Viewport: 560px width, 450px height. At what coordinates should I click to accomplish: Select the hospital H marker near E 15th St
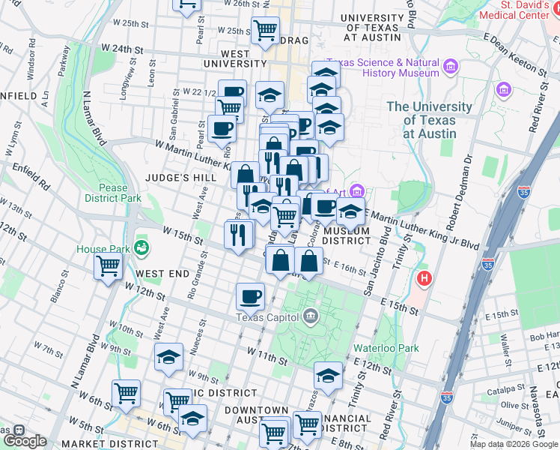click(x=424, y=279)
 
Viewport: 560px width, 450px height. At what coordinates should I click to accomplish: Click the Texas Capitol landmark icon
click(x=311, y=316)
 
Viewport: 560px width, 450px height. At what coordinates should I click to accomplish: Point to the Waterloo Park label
click(x=387, y=348)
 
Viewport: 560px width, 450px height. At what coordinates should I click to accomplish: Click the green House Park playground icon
click(x=140, y=247)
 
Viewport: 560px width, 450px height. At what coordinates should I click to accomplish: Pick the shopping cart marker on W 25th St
click(x=265, y=30)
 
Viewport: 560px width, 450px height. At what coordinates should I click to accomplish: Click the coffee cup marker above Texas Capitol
click(x=250, y=295)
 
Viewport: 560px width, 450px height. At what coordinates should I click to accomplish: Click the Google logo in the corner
click(x=24, y=441)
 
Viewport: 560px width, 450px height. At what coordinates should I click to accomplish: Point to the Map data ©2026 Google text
click(x=514, y=444)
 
